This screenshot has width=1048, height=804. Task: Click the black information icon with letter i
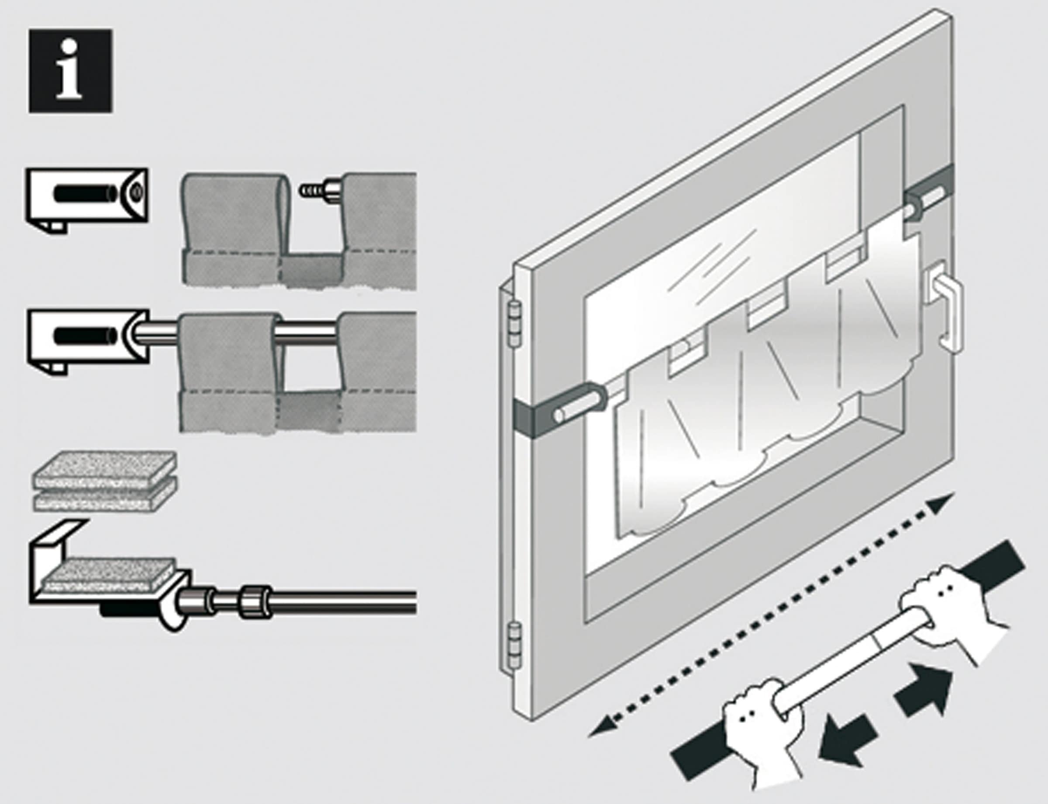tap(70, 71)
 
